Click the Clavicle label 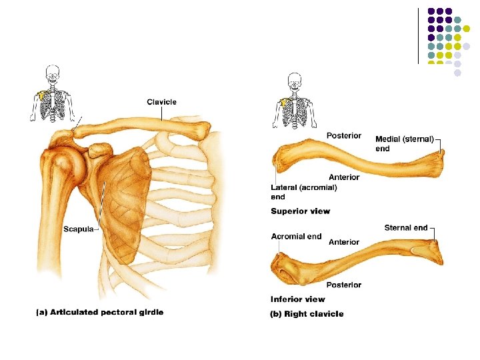pos(162,102)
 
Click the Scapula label pos(78,229)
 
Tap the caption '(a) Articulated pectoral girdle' pos(100,312)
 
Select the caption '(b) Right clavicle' pos(307,314)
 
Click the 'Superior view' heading pos(300,211)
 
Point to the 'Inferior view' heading pos(298,299)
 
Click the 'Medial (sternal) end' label pos(404,144)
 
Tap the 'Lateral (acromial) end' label pos(303,192)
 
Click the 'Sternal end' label pos(406,228)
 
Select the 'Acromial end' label pos(296,236)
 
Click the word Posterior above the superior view pos(344,135)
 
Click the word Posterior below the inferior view pos(344,285)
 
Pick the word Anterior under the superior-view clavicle pos(344,177)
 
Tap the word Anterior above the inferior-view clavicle pos(344,242)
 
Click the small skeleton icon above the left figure pos(52,93)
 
